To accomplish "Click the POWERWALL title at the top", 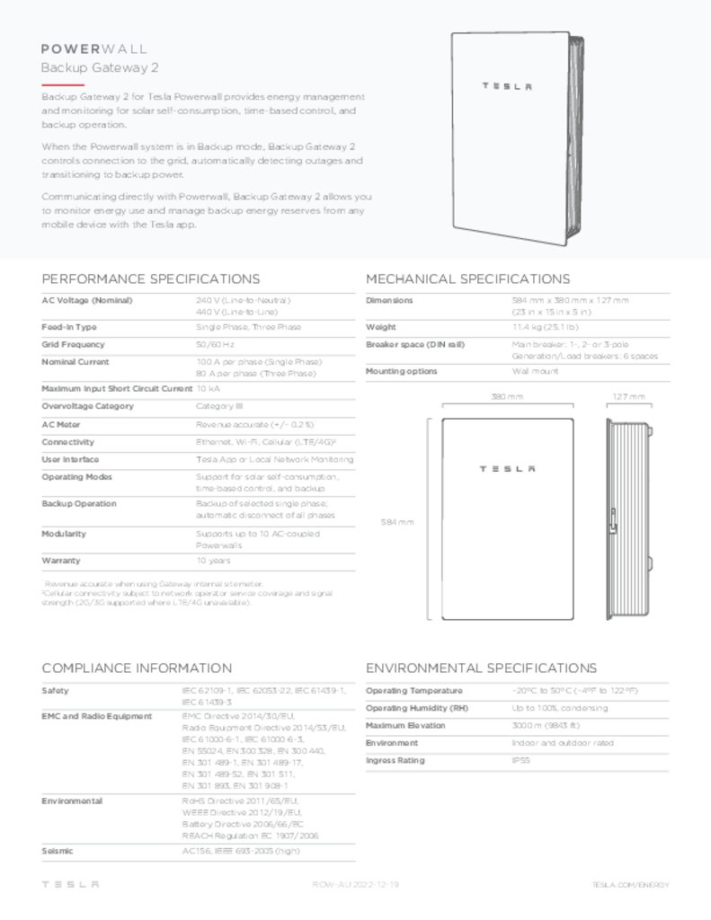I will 94,49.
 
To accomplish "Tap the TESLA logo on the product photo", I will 507,86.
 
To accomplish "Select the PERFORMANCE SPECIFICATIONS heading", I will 151,279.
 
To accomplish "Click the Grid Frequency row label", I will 73,344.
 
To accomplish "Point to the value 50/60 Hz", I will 215,344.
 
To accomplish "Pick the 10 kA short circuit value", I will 208,389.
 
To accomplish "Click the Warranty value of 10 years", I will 213,561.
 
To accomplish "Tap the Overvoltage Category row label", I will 86,406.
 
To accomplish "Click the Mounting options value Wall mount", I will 535,371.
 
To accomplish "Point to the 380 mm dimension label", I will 507,396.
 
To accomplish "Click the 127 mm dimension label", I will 628,396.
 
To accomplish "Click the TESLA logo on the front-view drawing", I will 507,468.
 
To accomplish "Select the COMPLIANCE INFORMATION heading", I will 137,668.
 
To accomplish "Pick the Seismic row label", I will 58,851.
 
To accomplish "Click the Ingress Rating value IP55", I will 520,761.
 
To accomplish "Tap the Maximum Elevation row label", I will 405,726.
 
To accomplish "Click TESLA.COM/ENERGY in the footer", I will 630,885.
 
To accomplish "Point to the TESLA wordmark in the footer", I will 70,885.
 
